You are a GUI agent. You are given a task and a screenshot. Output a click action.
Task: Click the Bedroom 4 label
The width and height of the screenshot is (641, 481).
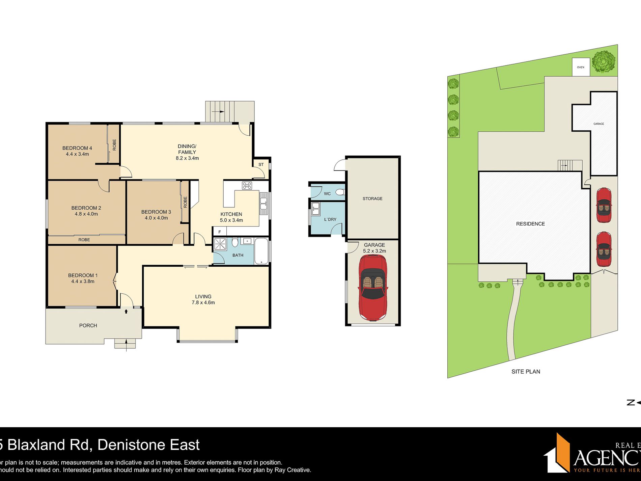tap(77, 148)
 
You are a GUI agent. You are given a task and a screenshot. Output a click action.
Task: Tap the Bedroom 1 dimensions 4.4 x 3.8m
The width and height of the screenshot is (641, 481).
tap(83, 281)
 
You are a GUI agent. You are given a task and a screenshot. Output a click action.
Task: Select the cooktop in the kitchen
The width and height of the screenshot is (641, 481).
tap(247, 185)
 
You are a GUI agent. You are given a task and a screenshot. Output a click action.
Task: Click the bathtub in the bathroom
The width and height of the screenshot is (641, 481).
tap(261, 251)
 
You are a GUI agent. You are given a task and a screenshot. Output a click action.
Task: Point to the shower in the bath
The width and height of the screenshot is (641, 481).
tap(220, 244)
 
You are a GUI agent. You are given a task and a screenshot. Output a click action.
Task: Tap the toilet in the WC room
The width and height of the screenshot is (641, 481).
tap(340, 192)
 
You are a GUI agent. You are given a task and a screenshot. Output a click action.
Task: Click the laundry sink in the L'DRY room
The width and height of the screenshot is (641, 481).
tap(315, 208)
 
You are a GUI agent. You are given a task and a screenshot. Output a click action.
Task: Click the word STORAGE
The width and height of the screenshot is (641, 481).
tap(372, 198)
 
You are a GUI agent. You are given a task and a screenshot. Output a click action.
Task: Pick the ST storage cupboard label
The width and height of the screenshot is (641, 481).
tap(261, 164)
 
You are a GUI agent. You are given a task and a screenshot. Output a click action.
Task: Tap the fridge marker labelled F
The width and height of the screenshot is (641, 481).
tap(220, 232)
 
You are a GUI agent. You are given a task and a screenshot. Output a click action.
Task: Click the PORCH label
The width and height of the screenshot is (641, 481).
tap(88, 325)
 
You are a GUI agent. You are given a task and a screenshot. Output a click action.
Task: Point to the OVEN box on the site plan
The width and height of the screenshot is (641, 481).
tap(581, 67)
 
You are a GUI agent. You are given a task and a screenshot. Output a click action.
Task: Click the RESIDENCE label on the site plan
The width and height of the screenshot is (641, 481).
tap(530, 224)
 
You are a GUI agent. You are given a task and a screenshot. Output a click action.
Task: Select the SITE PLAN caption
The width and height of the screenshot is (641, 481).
tap(526, 371)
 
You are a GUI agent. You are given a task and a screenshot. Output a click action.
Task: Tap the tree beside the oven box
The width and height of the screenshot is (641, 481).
tap(604, 61)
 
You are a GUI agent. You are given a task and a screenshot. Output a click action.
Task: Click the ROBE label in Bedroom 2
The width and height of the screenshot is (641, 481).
tap(84, 240)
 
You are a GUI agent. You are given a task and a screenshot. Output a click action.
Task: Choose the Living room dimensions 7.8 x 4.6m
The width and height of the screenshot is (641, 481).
tap(203, 302)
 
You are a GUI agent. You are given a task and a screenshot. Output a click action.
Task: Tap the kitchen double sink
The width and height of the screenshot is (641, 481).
tap(263, 203)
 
